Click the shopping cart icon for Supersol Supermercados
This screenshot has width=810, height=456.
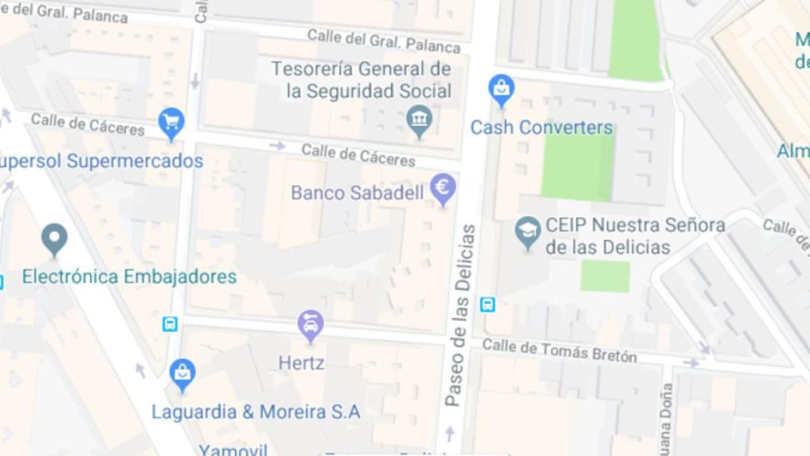pyautogui.click(x=171, y=122)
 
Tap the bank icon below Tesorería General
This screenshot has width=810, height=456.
pyautogui.click(x=419, y=120)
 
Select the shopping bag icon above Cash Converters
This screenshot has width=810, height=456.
pyautogui.click(x=502, y=89)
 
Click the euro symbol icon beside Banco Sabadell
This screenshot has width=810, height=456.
pyautogui.click(x=443, y=188)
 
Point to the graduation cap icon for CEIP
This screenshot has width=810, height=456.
pyautogui.click(x=528, y=231)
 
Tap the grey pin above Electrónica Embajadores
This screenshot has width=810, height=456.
pyautogui.click(x=54, y=238)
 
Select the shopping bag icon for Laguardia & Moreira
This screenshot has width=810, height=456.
pyautogui.click(x=182, y=373)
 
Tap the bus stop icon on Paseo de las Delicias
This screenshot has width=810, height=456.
pyautogui.click(x=488, y=304)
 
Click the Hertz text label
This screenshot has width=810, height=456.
pyautogui.click(x=301, y=363)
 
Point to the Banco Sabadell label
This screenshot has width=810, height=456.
pyautogui.click(x=358, y=193)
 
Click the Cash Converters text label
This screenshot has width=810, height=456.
pyautogui.click(x=542, y=127)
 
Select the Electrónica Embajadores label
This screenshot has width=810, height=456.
pyautogui.click(x=129, y=277)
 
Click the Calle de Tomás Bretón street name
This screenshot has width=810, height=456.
pyautogui.click(x=559, y=350)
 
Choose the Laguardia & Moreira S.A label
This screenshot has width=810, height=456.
pyautogui.click(x=255, y=412)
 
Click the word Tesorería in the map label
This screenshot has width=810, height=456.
pyautogui.click(x=321, y=69)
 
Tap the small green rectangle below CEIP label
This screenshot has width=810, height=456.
pyautogui.click(x=605, y=276)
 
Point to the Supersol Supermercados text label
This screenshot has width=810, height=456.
pyautogui.click(x=100, y=161)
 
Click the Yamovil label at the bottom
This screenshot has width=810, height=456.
pyautogui.click(x=233, y=450)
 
